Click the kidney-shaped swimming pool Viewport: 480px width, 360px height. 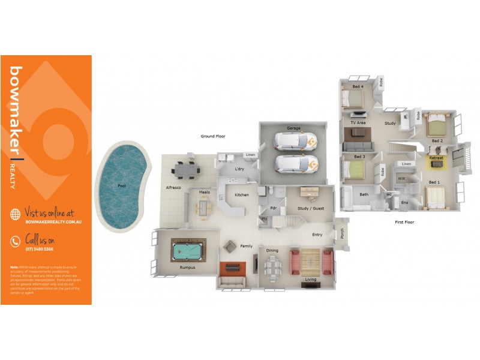(x=123, y=187)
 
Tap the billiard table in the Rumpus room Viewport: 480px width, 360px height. (x=188, y=247)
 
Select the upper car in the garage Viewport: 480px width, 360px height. (x=295, y=141)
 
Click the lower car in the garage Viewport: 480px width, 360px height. (x=295, y=163)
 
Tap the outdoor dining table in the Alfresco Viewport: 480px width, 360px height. (x=185, y=170)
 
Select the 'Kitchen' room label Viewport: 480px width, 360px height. (x=242, y=195)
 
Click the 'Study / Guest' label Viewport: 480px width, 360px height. (x=311, y=209)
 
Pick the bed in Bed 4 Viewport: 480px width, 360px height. (x=353, y=97)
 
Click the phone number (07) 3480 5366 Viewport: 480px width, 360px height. (x=40, y=248)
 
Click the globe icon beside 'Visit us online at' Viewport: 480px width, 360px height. (x=16, y=214)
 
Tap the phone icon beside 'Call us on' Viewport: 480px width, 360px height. (x=16, y=242)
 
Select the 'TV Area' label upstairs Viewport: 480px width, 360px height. (x=358, y=123)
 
